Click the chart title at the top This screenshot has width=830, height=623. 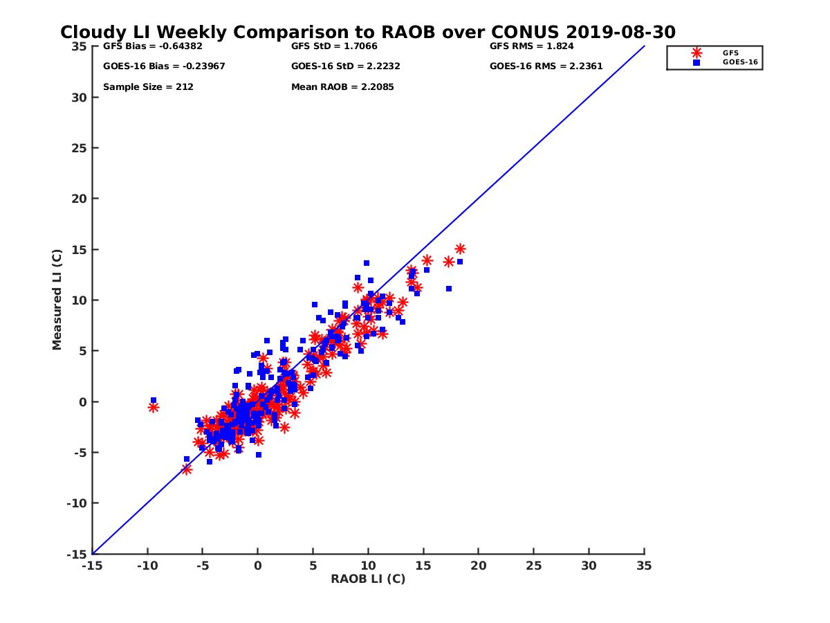(368, 33)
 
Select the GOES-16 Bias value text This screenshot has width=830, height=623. (164, 66)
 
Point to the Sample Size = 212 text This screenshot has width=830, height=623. (148, 87)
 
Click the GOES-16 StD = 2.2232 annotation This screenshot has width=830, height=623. (346, 66)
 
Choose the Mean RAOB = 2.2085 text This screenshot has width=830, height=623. (342, 87)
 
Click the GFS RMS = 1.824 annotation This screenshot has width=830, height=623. (531, 47)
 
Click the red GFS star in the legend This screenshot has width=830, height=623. (697, 53)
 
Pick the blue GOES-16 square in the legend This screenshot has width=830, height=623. (697, 62)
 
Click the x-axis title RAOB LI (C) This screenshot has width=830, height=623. (368, 579)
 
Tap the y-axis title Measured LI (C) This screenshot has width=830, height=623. (57, 300)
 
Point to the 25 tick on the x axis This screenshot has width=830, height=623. (534, 566)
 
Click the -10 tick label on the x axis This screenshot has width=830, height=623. (147, 566)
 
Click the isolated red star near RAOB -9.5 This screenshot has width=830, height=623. (153, 407)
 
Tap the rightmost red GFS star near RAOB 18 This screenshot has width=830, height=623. (460, 249)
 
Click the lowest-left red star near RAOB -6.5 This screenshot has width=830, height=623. (186, 469)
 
